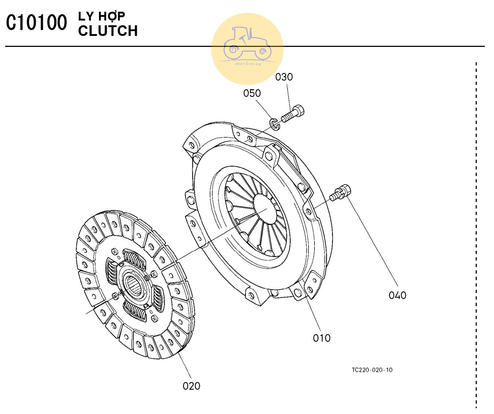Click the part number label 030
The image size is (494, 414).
click(x=284, y=77)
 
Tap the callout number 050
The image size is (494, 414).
click(x=252, y=93)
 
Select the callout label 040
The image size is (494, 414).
click(x=398, y=295)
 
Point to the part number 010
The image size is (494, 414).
click(x=322, y=338)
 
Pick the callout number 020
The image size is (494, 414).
click(x=191, y=386)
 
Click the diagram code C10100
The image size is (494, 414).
click(x=36, y=22)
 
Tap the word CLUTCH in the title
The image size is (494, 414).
click(x=108, y=31)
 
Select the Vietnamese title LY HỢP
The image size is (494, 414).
click(x=102, y=16)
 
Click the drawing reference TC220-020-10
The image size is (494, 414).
click(x=372, y=370)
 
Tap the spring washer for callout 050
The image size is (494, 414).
click(x=275, y=124)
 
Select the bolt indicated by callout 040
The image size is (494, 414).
click(x=340, y=193)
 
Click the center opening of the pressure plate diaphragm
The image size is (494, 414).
click(x=265, y=209)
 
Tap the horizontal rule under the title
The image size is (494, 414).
click(x=245, y=47)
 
